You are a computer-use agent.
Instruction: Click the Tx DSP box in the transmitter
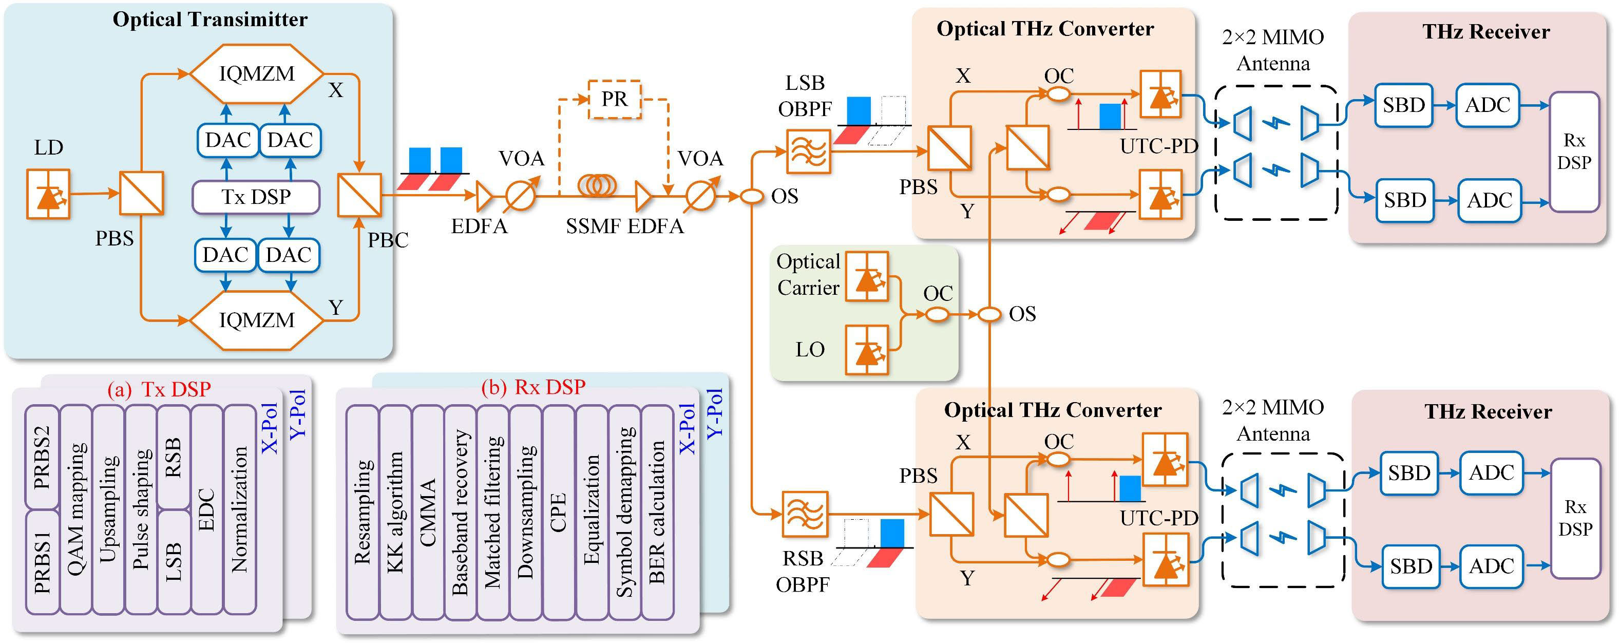click(x=256, y=197)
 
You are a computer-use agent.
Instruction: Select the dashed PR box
click(x=614, y=99)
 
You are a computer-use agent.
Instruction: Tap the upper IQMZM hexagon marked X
click(x=257, y=73)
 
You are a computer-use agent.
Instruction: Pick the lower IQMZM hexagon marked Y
click(x=257, y=319)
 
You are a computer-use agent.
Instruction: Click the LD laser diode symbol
click(x=48, y=194)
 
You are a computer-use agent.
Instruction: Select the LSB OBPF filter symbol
click(x=808, y=151)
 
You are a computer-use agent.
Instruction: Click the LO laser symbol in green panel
click(x=867, y=350)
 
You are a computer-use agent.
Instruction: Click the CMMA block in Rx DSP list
click(x=428, y=513)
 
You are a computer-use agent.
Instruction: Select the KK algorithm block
click(x=395, y=513)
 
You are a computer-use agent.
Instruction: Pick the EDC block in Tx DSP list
click(x=207, y=509)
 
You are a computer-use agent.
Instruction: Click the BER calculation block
click(x=657, y=513)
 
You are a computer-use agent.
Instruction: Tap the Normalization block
click(x=240, y=509)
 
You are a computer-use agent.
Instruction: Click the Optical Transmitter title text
click(x=210, y=20)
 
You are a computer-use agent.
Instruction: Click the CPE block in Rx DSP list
click(x=559, y=513)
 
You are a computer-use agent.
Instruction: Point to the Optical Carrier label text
click(x=808, y=275)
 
